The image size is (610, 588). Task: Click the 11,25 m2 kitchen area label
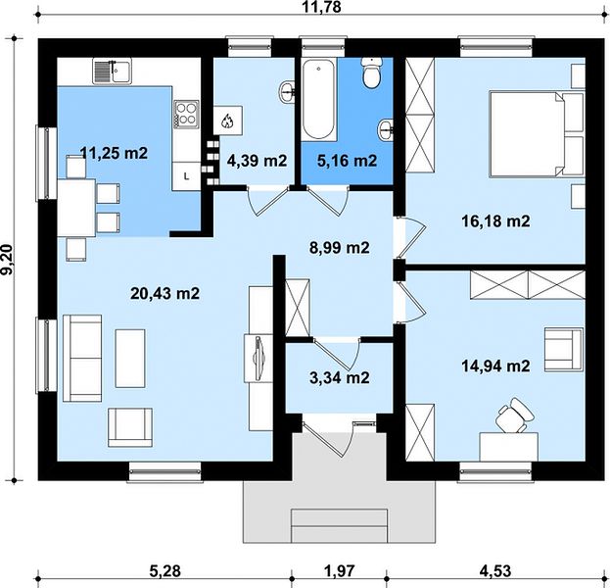click(114, 153)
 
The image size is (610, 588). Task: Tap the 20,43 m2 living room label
click(164, 293)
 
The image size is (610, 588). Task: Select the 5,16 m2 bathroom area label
click(347, 161)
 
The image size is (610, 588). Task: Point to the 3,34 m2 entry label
click(339, 377)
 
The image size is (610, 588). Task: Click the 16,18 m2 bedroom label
click(495, 221)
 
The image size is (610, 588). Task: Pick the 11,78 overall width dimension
click(322, 7)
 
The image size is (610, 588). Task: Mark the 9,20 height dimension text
click(8, 260)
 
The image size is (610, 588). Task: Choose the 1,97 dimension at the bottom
click(340, 571)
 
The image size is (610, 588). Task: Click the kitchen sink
click(112, 71)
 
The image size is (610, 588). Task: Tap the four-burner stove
click(186, 114)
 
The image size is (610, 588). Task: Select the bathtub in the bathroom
click(318, 99)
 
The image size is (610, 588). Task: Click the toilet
click(372, 73)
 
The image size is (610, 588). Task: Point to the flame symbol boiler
click(227, 121)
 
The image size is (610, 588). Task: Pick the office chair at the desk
click(515, 416)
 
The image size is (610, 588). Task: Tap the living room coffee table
click(130, 359)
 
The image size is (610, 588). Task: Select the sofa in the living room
click(82, 359)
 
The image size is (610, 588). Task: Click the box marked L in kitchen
click(187, 176)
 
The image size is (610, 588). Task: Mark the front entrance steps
click(339, 525)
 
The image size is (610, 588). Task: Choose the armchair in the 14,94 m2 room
click(564, 349)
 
